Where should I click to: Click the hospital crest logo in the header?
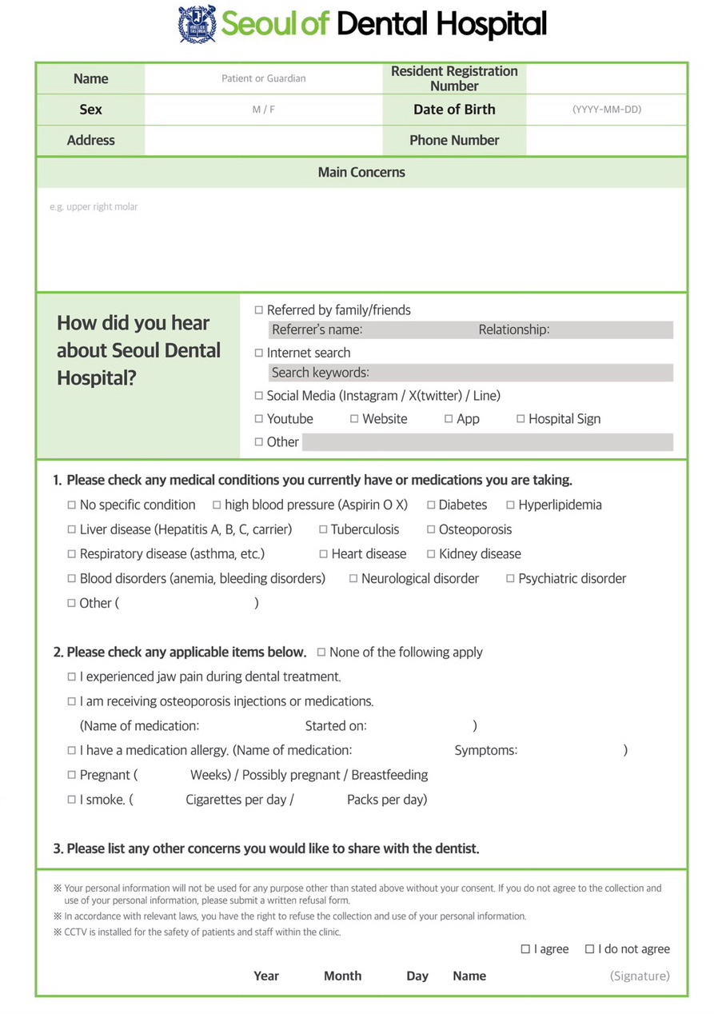[x=197, y=24]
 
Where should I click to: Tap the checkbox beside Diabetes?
[x=431, y=505]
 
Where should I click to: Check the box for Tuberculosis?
[x=323, y=529]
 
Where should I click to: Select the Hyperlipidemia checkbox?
[x=510, y=505]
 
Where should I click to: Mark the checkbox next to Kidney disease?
[x=431, y=554]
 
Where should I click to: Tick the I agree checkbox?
[x=525, y=949]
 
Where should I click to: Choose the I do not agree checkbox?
[x=589, y=949]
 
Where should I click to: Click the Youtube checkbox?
[x=258, y=419]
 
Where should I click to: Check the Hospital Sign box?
[x=521, y=419]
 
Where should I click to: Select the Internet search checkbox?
[x=258, y=353]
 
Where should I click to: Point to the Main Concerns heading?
[x=361, y=173]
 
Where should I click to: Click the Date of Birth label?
[x=454, y=110]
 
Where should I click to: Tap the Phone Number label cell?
[x=454, y=141]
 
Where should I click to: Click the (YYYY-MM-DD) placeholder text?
[x=607, y=110]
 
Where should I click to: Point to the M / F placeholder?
[x=264, y=110]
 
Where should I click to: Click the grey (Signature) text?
[x=640, y=976]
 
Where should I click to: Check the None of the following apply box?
[x=321, y=653]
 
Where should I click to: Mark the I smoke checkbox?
[x=72, y=800]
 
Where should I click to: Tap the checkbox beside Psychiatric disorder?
[x=510, y=579]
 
